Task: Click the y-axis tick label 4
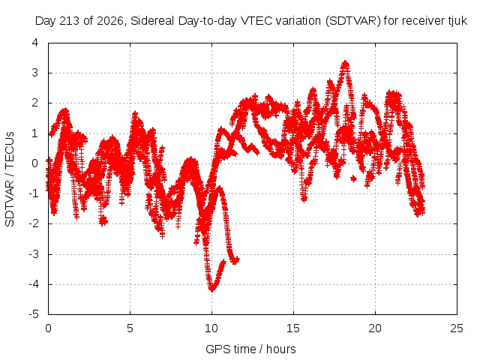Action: (35, 43)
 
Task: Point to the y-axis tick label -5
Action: (34, 314)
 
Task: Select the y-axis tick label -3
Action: (34, 254)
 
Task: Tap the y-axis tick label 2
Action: (35, 103)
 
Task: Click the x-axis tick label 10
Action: (211, 328)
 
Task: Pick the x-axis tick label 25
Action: (457, 328)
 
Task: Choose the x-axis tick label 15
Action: (293, 328)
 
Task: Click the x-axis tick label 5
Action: (130, 328)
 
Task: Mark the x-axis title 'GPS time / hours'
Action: (250, 349)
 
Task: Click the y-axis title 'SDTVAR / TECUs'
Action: (10, 179)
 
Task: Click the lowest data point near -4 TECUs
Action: (211, 289)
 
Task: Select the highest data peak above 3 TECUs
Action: (346, 63)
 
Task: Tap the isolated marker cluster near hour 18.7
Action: (353, 178)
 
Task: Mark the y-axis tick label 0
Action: (35, 163)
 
